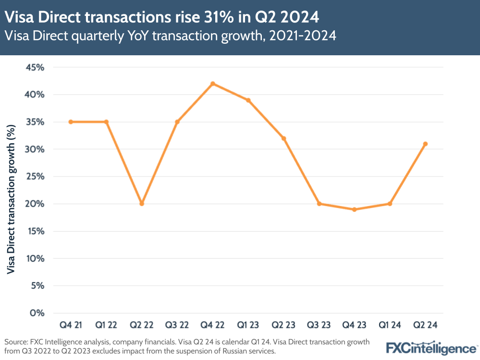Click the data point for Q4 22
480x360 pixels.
(212, 84)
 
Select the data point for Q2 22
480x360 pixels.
(142, 204)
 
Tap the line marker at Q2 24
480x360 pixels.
(425, 144)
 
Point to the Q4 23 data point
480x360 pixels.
(354, 210)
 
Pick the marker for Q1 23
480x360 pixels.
(248, 100)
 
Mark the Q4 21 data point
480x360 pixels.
(71, 122)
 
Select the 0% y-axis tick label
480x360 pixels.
(37, 313)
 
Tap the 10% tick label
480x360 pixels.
(35, 259)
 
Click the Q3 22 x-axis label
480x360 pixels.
(177, 325)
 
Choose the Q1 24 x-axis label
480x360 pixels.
(390, 325)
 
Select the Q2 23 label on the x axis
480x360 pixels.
(283, 325)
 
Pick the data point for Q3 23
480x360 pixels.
(319, 204)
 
